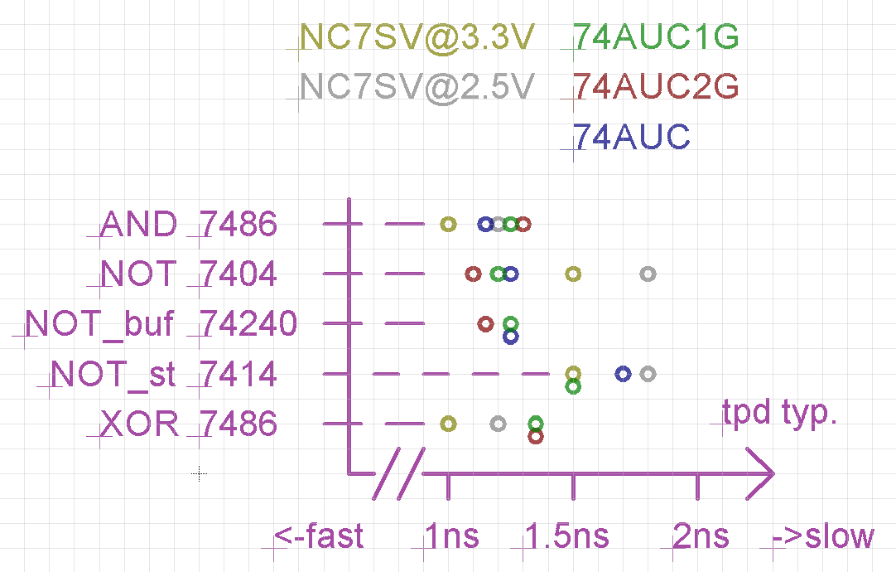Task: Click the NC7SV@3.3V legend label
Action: (417, 37)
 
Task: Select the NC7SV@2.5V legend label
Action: (417, 87)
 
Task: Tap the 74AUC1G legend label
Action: (656, 37)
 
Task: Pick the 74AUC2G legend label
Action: (656, 87)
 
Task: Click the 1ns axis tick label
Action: (450, 537)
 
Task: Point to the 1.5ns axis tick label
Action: (567, 537)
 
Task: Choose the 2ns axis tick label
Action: (701, 537)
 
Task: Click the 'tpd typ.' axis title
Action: (779, 413)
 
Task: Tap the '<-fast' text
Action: (319, 537)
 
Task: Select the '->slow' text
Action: (822, 537)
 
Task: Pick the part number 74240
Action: (248, 325)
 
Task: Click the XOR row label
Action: (139, 424)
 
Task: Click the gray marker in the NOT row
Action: (648, 274)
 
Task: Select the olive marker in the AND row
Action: (448, 224)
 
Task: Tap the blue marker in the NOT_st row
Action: (624, 374)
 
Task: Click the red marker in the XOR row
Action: (536, 436)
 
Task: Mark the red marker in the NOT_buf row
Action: (486, 323)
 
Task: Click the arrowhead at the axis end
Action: (762, 474)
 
